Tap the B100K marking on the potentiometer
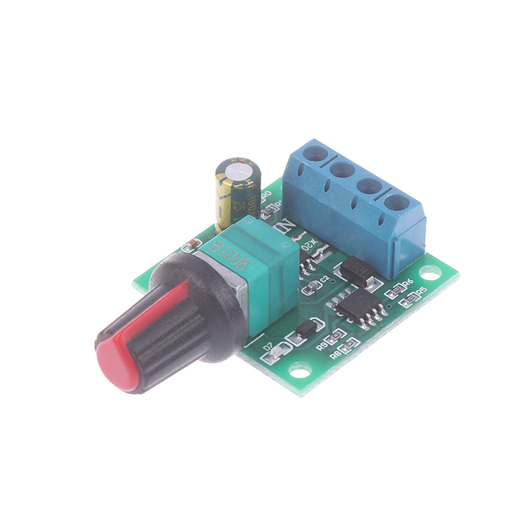231,253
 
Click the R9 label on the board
323,344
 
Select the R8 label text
335,354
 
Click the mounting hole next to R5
430,271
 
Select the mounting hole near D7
300,372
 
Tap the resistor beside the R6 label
396,288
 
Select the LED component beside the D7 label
274,356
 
